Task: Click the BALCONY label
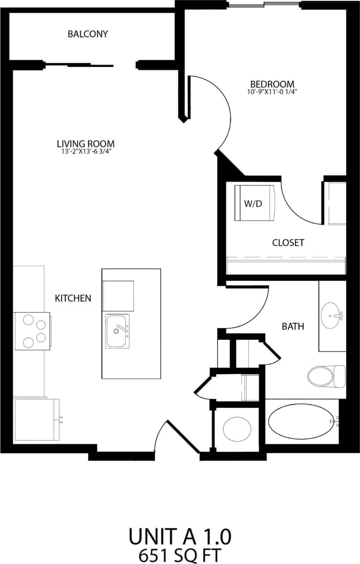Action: pyautogui.click(x=88, y=34)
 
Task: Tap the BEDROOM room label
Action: pyautogui.click(x=272, y=84)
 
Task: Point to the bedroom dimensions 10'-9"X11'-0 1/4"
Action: pyautogui.click(x=272, y=92)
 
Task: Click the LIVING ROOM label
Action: pyautogui.click(x=85, y=144)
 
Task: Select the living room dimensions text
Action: pyautogui.click(x=85, y=152)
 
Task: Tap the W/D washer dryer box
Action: pyautogui.click(x=255, y=203)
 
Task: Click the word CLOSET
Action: pyautogui.click(x=288, y=243)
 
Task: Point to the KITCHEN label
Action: pyautogui.click(x=73, y=298)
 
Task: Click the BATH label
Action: pyautogui.click(x=293, y=326)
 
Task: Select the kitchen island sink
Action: pyautogui.click(x=118, y=331)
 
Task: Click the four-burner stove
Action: pyautogui.click(x=33, y=331)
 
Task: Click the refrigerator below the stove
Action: pyautogui.click(x=36, y=419)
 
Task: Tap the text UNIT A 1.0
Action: pyautogui.click(x=180, y=537)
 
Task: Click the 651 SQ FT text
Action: pyautogui.click(x=180, y=556)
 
